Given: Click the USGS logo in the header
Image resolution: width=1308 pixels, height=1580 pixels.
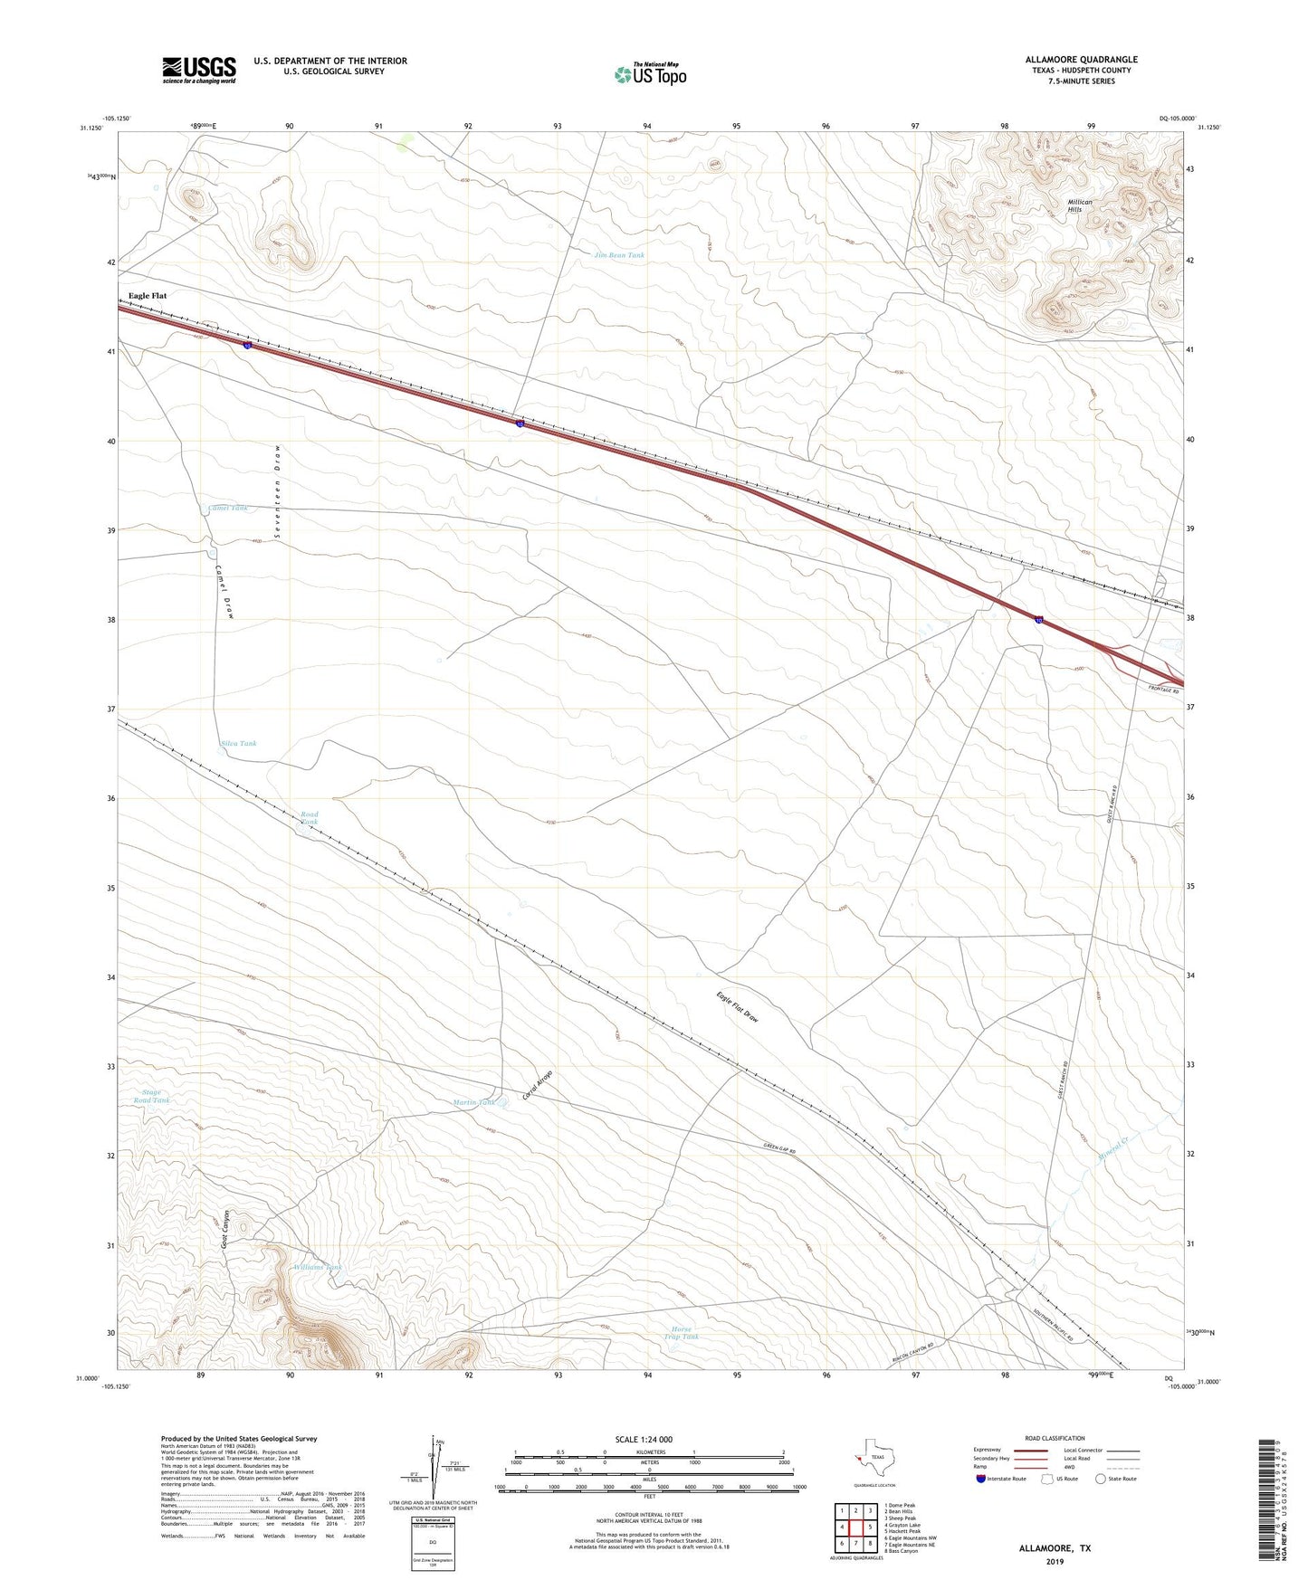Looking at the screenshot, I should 198,69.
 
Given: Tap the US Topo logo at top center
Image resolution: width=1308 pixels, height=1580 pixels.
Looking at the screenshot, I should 650,74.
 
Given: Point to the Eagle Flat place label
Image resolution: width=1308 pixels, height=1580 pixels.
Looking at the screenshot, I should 148,296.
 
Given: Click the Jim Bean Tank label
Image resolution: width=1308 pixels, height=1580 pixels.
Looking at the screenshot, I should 619,255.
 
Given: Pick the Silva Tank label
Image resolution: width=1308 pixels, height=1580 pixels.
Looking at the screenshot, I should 239,744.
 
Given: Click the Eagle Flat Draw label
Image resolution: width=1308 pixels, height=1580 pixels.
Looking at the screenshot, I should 737,1008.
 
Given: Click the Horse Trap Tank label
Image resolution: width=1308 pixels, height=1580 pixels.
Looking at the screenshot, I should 682,1332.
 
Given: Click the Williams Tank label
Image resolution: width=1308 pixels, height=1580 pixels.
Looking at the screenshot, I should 318,1268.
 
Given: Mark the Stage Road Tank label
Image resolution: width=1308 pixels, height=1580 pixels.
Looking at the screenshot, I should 152,1097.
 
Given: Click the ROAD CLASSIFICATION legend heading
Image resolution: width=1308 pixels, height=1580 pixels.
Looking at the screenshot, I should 1054,1438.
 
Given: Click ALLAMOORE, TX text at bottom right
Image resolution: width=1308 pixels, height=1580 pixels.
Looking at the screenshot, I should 1054,1548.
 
